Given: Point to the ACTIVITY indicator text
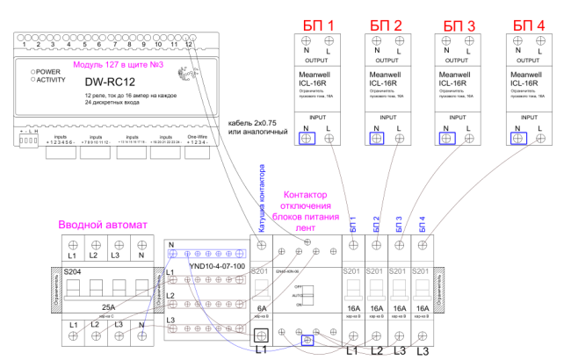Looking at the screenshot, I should tap(52, 80).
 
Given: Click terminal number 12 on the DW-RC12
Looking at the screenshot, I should tap(189, 44).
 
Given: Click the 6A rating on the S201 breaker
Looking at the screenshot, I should tap(262, 309).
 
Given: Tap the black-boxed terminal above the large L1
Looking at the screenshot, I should tap(261, 335).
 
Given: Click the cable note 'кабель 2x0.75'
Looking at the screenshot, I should tap(257, 122).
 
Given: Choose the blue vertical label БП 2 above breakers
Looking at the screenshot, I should tap(376, 223).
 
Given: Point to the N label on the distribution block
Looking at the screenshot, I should tap(171, 245).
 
